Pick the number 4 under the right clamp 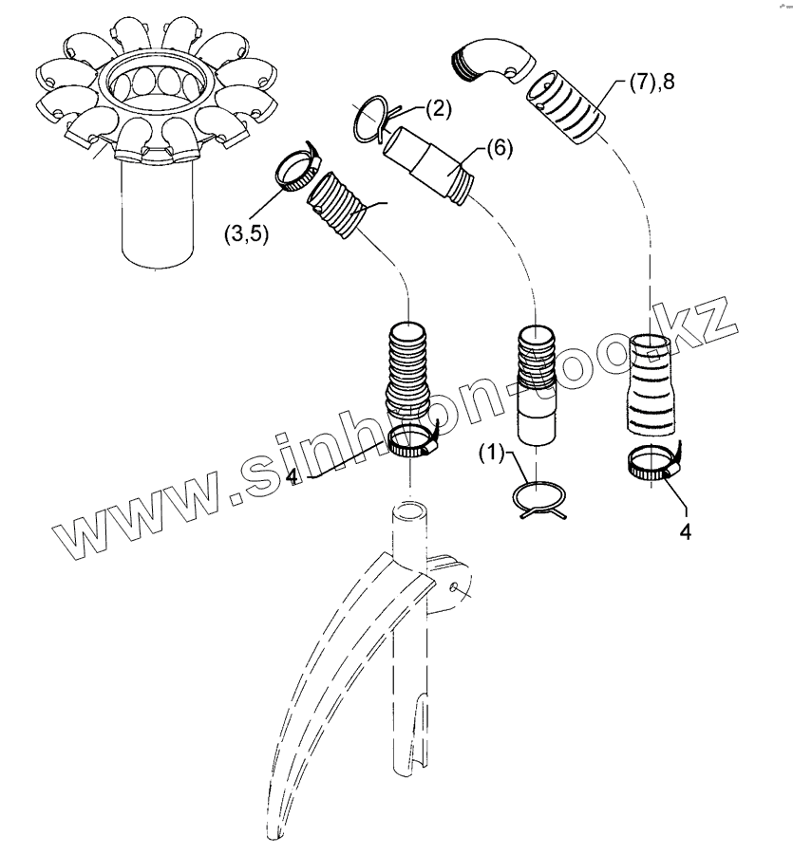point(685,530)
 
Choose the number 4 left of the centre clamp point(293,473)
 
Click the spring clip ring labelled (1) point(538,498)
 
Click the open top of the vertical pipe point(410,513)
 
